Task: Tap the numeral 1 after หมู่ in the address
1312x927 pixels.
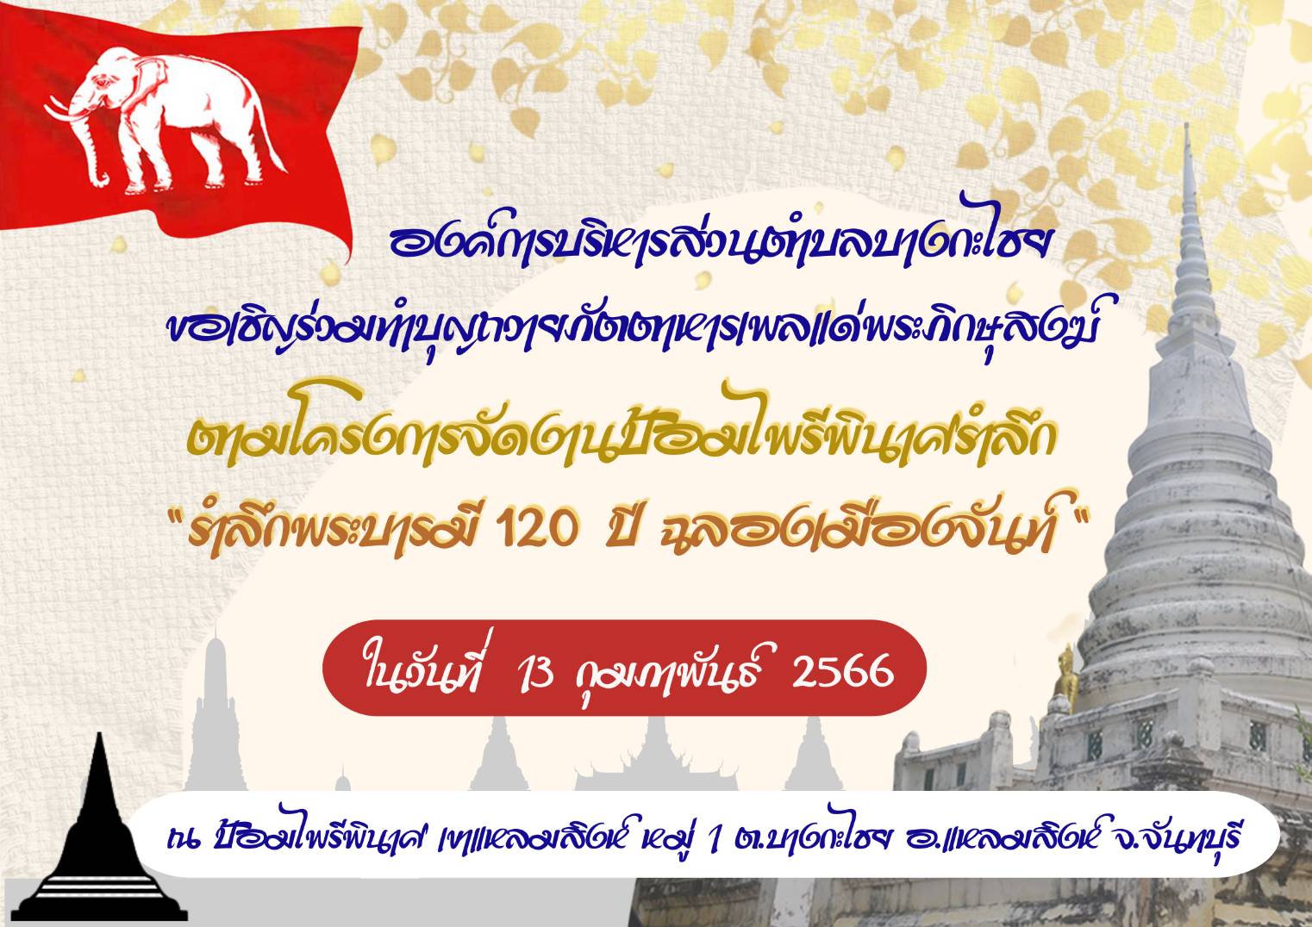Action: click(712, 840)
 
